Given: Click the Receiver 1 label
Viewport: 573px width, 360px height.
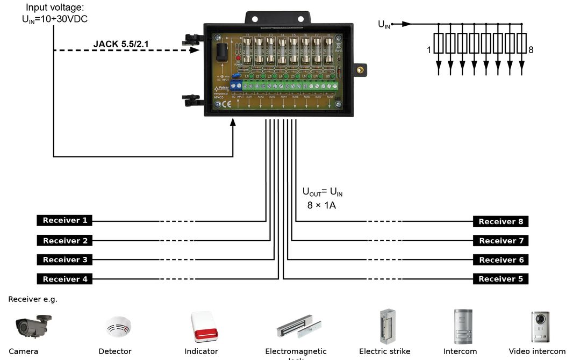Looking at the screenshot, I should click(x=65, y=220).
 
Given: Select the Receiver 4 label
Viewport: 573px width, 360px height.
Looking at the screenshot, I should click(x=65, y=279).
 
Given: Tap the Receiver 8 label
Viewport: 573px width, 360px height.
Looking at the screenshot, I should click(x=500, y=221).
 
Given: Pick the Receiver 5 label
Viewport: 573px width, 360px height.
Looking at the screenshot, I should click(x=500, y=279).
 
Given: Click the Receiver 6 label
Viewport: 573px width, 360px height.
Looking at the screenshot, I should click(x=500, y=260).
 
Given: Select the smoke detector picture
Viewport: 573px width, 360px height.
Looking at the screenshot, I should click(x=118, y=326).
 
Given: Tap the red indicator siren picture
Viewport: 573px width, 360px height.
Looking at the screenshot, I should click(x=204, y=327).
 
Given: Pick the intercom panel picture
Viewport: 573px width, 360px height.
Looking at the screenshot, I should click(x=462, y=326).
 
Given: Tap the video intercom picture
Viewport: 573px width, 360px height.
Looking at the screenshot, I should click(x=540, y=327).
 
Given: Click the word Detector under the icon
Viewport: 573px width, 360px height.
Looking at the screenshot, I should click(x=115, y=351).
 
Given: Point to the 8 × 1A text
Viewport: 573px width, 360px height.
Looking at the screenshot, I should click(x=321, y=205).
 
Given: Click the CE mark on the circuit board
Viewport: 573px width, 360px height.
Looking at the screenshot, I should click(x=226, y=104).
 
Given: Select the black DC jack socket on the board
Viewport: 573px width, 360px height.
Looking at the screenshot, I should click(x=221, y=54).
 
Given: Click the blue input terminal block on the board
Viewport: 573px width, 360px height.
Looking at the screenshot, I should click(x=237, y=86).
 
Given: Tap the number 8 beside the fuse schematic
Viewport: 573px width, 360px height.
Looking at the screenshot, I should click(x=531, y=50).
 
